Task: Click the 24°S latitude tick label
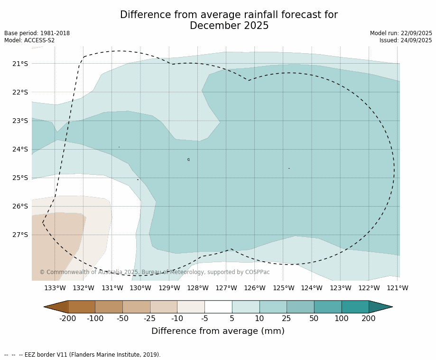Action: (20, 149)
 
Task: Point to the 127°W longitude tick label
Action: (226, 288)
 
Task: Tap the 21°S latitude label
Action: (20, 64)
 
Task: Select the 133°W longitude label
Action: (55, 288)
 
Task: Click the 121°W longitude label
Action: (398, 288)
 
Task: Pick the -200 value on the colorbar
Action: (68, 318)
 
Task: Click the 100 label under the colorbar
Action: (341, 318)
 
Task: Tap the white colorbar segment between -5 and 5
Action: (218, 307)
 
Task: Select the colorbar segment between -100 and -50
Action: (109, 307)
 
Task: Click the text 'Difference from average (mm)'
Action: (218, 331)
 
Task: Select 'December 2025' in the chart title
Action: (229, 26)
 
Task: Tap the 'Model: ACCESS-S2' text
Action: (29, 40)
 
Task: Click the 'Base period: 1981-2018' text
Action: (37, 33)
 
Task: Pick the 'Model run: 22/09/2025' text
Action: (401, 33)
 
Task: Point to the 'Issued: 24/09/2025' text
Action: (406, 40)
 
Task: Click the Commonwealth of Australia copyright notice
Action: (154, 272)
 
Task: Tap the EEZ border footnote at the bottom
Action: (83, 355)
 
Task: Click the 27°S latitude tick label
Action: (20, 235)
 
